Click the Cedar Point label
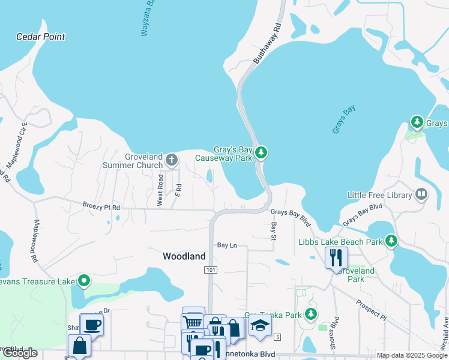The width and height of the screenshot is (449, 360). [x=40, y=37]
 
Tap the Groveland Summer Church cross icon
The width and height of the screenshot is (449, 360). [x=171, y=160]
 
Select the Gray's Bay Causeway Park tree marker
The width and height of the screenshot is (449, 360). [x=261, y=153]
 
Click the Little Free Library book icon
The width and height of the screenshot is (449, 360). [x=421, y=194]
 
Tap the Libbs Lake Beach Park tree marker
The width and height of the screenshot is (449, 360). [x=391, y=241]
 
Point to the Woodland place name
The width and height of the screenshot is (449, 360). [x=184, y=256]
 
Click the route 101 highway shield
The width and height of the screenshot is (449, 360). [x=209, y=271]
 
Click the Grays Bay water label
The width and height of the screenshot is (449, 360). [x=344, y=119]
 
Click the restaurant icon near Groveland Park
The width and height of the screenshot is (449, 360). [x=336, y=257]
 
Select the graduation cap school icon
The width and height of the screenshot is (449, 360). [x=260, y=325]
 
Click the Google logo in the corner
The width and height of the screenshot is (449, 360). [x=19, y=353]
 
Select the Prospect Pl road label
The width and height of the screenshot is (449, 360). [x=370, y=309]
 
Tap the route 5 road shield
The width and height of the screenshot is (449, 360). [x=278, y=338]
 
